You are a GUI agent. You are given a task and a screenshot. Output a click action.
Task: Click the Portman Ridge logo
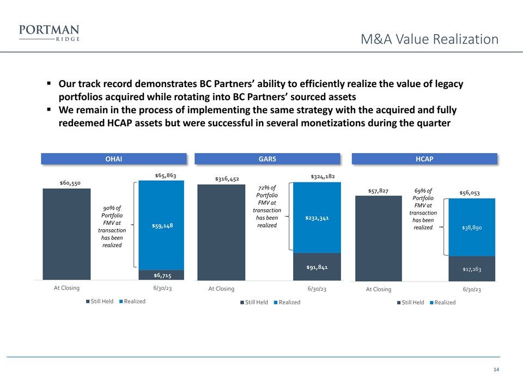pos(49,33)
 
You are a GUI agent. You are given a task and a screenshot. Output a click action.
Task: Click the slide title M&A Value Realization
pos(430,39)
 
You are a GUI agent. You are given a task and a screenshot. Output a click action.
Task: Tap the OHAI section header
pos(113,158)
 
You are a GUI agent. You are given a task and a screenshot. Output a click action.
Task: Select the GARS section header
pos(267,158)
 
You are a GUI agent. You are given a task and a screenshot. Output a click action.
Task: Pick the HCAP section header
pos(424,158)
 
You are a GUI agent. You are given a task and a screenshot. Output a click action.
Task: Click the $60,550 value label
pos(70,183)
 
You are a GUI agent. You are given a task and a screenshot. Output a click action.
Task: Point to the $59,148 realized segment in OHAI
pos(161,225)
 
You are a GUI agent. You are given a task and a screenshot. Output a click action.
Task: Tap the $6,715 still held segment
pos(161,275)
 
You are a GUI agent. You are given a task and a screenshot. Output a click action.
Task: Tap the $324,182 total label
pos(322,176)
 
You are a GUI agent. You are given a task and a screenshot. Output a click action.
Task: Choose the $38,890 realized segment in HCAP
pos(472,228)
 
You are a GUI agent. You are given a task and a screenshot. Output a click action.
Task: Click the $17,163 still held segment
pos(472,269)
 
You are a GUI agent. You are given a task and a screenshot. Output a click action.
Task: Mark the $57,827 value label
pos(378,191)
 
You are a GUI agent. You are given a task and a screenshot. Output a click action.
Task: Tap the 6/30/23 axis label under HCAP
pos(472,290)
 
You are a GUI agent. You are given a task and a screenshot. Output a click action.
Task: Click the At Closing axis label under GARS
pos(221,289)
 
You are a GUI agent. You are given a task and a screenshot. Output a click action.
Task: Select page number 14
pos(496,370)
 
